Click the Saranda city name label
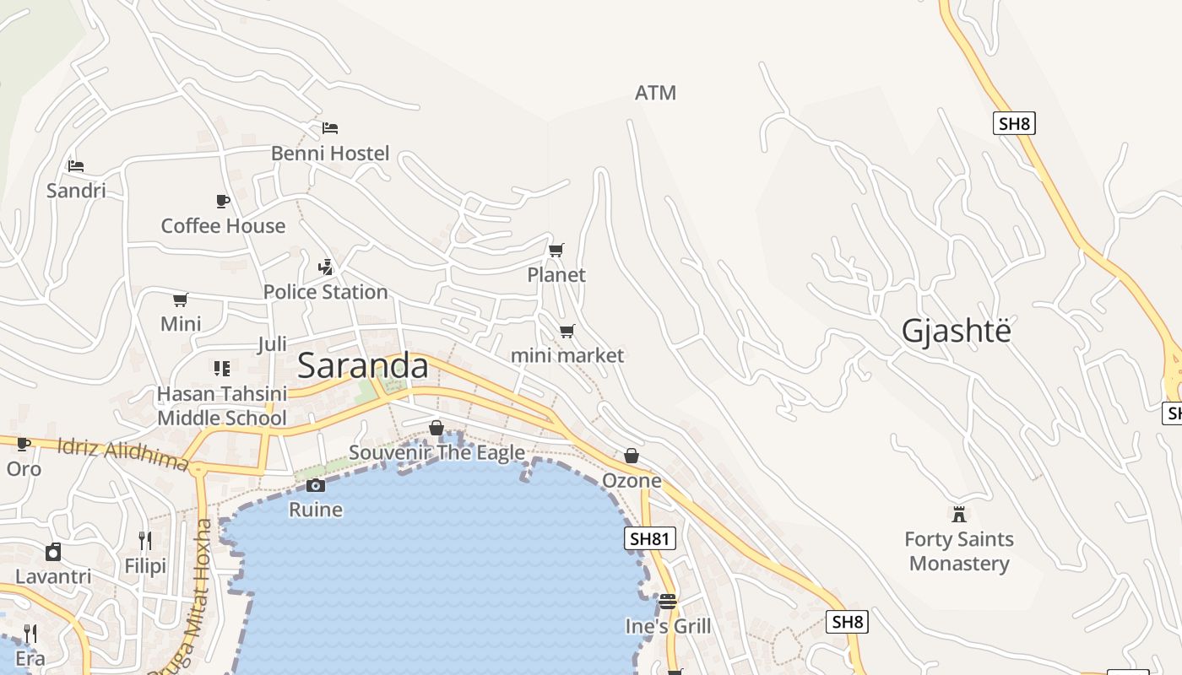click(x=363, y=365)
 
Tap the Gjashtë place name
click(x=956, y=331)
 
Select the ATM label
click(x=655, y=93)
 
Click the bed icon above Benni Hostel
click(x=330, y=128)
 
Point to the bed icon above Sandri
click(x=76, y=165)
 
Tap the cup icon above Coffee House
click(x=223, y=201)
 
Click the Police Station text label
click(x=325, y=292)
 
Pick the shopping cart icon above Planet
click(x=556, y=251)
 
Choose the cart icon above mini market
click(x=567, y=332)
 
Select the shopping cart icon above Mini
click(x=180, y=300)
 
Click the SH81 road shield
click(x=650, y=538)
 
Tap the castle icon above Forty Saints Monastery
click(x=958, y=515)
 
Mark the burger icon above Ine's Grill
click(x=668, y=602)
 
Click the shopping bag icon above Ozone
click(x=632, y=456)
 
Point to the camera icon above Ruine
click(x=316, y=485)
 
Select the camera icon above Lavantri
click(x=53, y=552)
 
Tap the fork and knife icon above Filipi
click(x=145, y=540)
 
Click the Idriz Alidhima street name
click(x=122, y=453)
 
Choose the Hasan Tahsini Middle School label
click(x=222, y=406)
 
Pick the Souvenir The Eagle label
click(x=436, y=453)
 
